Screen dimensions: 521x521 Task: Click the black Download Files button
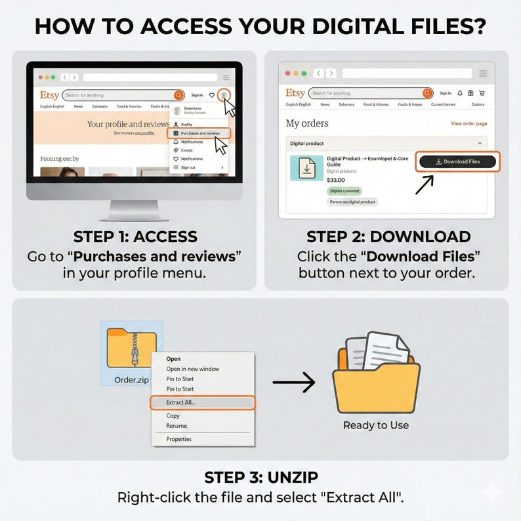[457, 161]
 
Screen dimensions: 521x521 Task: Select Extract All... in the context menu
[181, 402]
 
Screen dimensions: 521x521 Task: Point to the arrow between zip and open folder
[293, 383]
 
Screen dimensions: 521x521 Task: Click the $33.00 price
[335, 180]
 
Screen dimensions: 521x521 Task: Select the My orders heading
[307, 123]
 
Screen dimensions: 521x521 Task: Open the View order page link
[469, 123]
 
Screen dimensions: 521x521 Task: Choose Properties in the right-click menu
[178, 439]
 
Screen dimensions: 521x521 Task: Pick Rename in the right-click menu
[177, 426]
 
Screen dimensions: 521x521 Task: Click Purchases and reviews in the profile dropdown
[200, 133]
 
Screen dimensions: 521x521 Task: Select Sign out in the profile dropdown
[188, 167]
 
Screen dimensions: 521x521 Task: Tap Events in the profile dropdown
[187, 150]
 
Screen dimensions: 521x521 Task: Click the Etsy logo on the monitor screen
[49, 95]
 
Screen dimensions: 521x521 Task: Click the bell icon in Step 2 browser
[460, 93]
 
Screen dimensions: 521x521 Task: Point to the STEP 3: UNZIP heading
[260, 477]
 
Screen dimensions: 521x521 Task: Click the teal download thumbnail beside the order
[306, 168]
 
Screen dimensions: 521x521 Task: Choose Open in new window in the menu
[192, 369]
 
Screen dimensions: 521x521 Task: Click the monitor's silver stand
[134, 209]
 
